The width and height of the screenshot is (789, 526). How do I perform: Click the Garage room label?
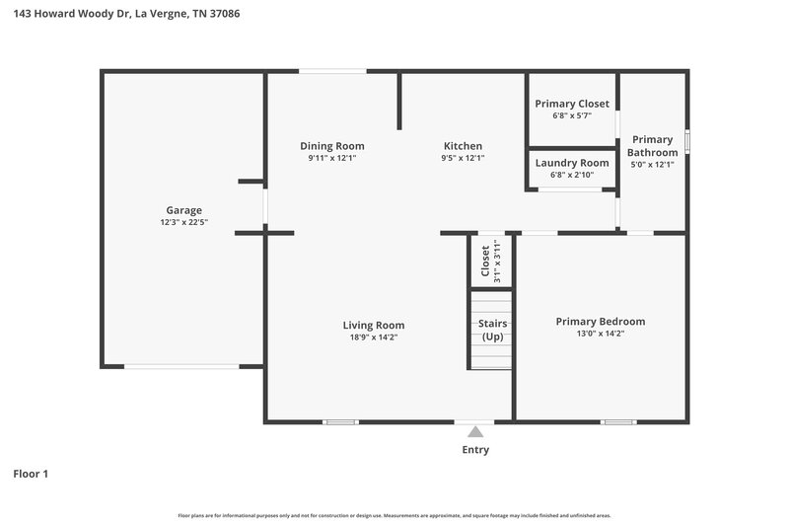coord(183,210)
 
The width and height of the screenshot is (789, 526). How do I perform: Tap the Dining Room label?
coord(332,146)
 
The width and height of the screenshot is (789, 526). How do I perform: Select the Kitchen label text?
coord(463,146)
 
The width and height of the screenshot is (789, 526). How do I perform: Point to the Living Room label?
coord(374,325)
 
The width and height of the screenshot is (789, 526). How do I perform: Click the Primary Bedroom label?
coord(601,321)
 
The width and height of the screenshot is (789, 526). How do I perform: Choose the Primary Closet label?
coord(572,104)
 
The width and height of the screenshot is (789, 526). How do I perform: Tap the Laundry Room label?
coord(572,163)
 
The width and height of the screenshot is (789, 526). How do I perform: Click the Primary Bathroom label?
coord(654,146)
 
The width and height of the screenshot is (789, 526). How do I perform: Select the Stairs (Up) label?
coord(492,330)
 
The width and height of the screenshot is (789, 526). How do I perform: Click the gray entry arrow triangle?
coord(475,431)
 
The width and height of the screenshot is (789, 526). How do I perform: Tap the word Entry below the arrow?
coord(475,450)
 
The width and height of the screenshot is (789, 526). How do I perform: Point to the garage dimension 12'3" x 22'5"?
coord(183,222)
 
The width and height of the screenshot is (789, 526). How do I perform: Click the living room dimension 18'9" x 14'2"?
coord(374,337)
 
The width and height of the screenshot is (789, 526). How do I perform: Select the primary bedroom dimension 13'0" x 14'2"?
coord(601,334)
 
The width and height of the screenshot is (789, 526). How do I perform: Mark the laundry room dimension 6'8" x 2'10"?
coord(572,175)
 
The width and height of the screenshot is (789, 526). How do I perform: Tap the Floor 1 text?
coord(31,474)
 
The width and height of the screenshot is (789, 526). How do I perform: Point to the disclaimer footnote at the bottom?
coord(394,515)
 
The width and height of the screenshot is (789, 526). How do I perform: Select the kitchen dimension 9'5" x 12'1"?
coord(463,158)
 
